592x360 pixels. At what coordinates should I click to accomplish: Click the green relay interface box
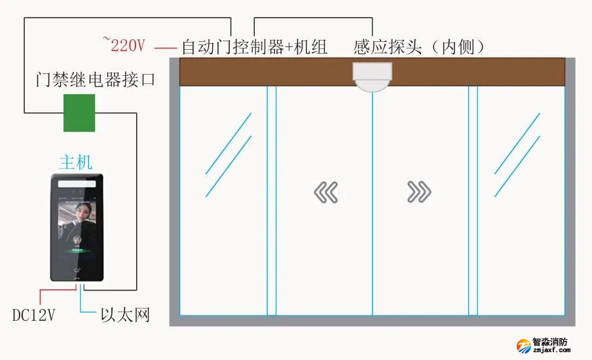point(79,113)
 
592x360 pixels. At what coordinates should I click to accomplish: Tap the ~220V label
point(124,45)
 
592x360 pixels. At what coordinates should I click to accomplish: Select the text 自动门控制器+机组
point(254,46)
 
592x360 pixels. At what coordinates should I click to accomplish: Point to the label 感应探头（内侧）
point(419,46)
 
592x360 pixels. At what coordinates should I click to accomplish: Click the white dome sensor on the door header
point(372,76)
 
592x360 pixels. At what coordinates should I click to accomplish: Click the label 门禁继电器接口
point(95,81)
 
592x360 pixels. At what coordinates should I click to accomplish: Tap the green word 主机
point(76,162)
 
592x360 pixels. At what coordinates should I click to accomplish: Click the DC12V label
point(33,315)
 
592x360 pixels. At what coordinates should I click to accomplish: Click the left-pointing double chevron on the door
point(325,192)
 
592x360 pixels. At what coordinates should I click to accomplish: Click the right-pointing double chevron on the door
point(419,192)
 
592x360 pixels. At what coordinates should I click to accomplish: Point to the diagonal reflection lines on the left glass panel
point(229,154)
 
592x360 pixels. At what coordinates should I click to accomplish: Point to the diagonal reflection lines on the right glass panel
point(517,154)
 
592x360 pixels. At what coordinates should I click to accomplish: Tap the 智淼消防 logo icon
point(523,345)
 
